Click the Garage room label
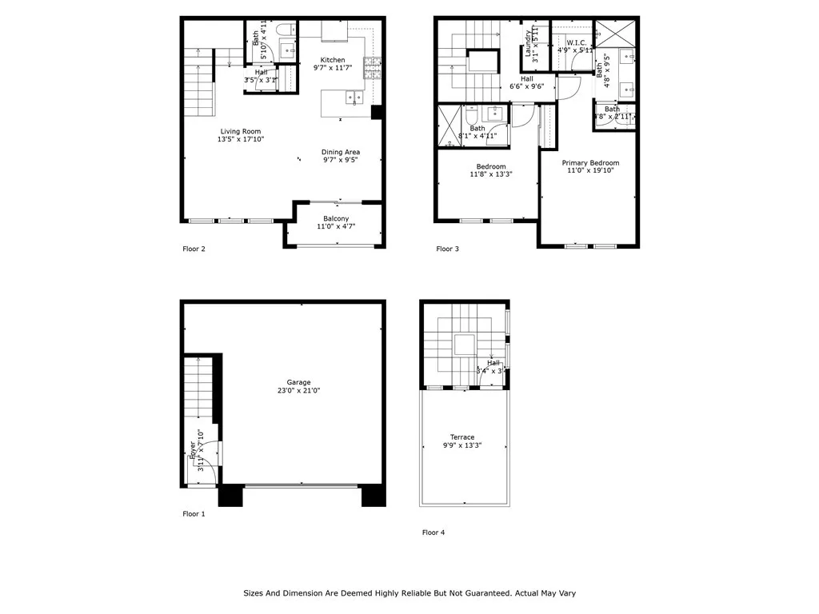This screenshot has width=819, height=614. (x=299, y=382)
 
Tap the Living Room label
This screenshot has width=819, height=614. (x=241, y=132)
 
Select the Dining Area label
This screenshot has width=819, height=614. (x=340, y=152)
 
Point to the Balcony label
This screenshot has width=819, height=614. (x=336, y=218)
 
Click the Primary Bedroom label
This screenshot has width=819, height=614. (x=590, y=163)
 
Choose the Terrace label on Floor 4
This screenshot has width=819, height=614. (x=462, y=437)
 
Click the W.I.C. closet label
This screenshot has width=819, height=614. (x=577, y=42)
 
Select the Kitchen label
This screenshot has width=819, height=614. (x=333, y=60)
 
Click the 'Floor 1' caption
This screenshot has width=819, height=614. (x=194, y=514)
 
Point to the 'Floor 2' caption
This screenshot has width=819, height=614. (x=194, y=249)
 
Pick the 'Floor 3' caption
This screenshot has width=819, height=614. (x=448, y=249)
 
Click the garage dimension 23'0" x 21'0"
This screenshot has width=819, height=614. (x=299, y=391)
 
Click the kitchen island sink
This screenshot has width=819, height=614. (x=353, y=98)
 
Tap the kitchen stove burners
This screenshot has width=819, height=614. (x=372, y=69)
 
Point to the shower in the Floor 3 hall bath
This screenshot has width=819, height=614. (x=449, y=126)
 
